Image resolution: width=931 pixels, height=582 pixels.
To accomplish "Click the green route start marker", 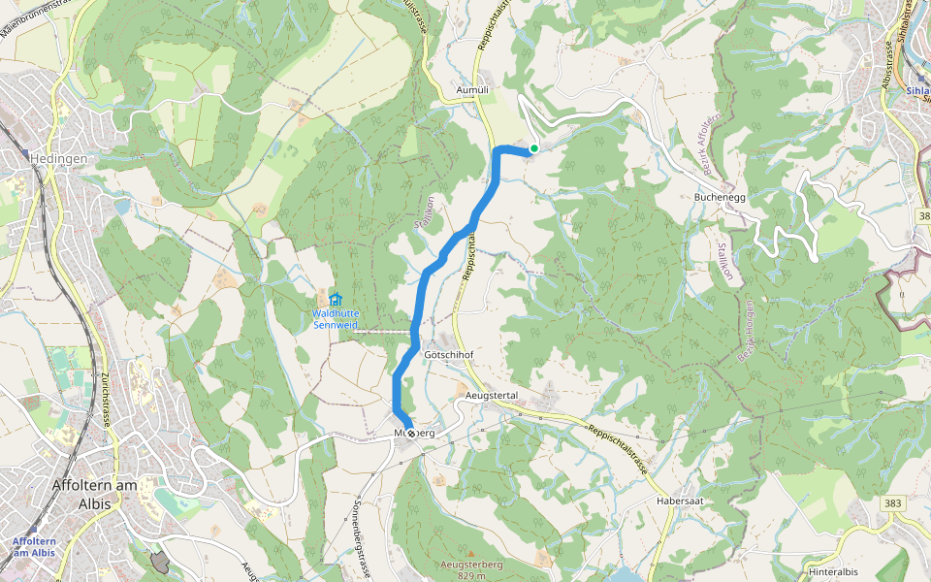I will pyautogui.click(x=534, y=148).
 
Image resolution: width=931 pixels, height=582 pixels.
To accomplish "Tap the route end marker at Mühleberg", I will pyautogui.click(x=411, y=434).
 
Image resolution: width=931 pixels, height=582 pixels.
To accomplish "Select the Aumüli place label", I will pyautogui.click(x=474, y=88).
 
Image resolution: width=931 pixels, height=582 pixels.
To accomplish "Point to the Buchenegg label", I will pyautogui.click(x=719, y=196).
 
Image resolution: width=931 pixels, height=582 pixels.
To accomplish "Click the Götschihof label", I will pyautogui.click(x=449, y=355).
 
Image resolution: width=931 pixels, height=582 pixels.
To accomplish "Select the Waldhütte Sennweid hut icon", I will pyautogui.click(x=336, y=300).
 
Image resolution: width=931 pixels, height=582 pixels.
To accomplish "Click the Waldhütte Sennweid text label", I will pyautogui.click(x=336, y=319).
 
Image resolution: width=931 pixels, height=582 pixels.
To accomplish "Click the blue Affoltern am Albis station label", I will pyautogui.click(x=33, y=546).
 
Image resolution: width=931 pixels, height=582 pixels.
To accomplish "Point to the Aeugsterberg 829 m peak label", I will pyautogui.click(x=469, y=569).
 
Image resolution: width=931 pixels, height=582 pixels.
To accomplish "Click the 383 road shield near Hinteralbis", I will pyautogui.click(x=893, y=502).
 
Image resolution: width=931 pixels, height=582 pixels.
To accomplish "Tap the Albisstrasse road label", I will pyautogui.click(x=887, y=63).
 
